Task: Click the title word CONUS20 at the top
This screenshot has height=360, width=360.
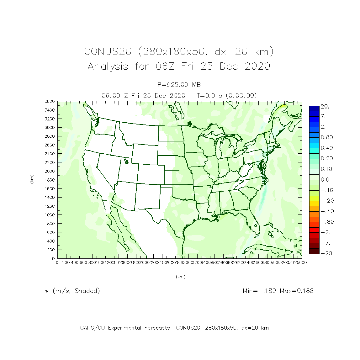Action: [108, 51]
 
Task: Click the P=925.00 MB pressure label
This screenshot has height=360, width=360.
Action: [179, 85]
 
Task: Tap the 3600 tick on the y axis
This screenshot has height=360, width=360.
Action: [50, 101]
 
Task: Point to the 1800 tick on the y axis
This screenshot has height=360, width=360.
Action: [50, 180]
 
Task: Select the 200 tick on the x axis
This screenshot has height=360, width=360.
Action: [66, 262]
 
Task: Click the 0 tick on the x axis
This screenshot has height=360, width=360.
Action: [57, 262]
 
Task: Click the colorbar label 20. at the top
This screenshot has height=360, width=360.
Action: [325, 107]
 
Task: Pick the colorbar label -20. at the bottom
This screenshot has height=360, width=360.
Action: [327, 253]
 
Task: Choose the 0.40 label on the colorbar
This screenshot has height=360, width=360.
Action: [326, 148]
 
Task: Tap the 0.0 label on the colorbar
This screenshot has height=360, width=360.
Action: [325, 180]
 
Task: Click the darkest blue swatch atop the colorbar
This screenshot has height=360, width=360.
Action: [314, 109]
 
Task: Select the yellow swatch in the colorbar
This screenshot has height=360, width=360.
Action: [314, 198]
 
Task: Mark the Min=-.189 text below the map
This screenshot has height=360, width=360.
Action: [259, 291]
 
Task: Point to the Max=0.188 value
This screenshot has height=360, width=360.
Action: [297, 291]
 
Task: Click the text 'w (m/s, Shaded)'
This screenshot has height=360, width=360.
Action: [72, 291]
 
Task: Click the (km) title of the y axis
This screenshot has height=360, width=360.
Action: [32, 179]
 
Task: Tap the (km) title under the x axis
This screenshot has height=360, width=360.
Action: [180, 277]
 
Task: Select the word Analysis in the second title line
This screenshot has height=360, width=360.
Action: [108, 66]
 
